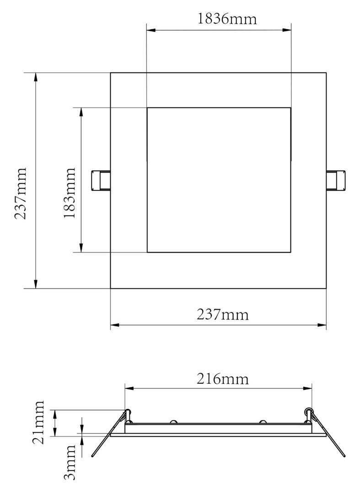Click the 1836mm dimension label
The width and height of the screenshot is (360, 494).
(x=227, y=19)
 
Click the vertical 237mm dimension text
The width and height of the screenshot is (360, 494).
(x=21, y=193)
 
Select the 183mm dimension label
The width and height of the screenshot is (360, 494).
(x=69, y=193)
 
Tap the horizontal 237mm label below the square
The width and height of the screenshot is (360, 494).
(x=223, y=315)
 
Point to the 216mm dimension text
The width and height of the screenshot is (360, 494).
(x=223, y=379)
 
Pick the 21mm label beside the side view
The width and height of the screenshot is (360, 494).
(x=39, y=422)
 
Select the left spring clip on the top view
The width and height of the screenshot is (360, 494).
(x=101, y=180)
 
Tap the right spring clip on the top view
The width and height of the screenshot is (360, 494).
(x=336, y=180)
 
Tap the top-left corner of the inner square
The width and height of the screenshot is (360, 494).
(x=147, y=108)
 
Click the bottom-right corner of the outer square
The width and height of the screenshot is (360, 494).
(x=326, y=288)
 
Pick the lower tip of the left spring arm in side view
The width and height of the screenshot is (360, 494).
(x=92, y=456)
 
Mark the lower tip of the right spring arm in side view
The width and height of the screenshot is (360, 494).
(x=344, y=456)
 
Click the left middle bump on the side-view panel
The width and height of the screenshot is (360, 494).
(x=174, y=421)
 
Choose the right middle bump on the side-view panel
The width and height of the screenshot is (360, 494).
(x=263, y=421)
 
